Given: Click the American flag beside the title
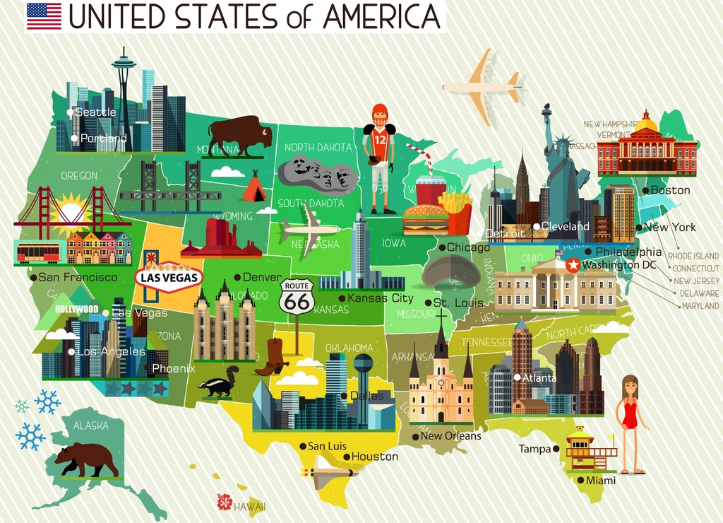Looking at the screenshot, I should (44, 16).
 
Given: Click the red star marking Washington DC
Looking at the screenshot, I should (573, 265).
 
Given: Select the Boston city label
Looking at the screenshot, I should (670, 190).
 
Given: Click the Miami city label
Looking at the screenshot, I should (600, 481).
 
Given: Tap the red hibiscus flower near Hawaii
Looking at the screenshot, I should (225, 502).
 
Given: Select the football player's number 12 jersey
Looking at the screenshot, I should (380, 139).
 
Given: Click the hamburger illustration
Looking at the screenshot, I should (425, 219).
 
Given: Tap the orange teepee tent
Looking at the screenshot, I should (253, 189).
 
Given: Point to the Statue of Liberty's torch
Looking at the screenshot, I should (546, 110).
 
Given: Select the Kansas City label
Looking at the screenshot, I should (380, 298).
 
